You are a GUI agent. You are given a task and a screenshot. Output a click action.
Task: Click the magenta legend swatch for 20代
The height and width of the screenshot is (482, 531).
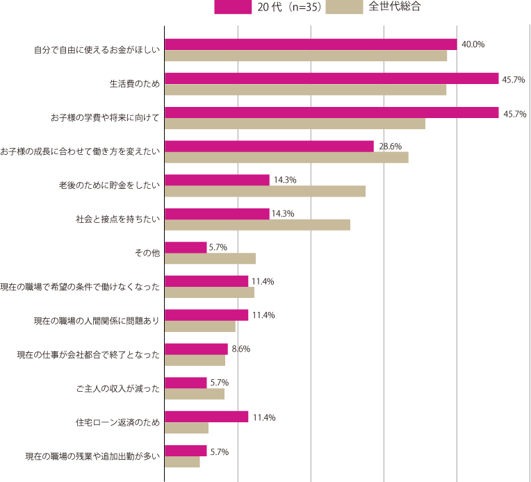point(233,8)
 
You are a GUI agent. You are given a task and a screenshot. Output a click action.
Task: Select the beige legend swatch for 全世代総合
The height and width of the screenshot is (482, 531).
point(344,8)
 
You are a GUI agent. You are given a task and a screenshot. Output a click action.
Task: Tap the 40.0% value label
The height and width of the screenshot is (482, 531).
point(473,44)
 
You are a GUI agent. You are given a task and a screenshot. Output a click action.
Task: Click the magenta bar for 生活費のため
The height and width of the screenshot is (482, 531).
point(332,78)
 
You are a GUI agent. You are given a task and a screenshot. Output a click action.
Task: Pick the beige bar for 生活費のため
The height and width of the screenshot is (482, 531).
point(305,90)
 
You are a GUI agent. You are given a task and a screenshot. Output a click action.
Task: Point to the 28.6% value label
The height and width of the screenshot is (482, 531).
point(390,146)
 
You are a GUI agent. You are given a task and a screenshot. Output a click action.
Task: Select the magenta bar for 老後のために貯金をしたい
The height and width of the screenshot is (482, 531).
point(217,180)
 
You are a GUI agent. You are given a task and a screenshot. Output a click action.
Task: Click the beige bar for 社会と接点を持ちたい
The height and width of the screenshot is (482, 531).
point(257,225)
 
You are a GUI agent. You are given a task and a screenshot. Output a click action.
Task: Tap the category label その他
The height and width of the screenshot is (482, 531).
point(147,254)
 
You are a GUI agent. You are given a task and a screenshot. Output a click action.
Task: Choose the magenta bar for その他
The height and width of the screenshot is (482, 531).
point(186,247)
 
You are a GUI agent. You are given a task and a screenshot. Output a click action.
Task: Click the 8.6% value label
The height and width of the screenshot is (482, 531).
point(240,349)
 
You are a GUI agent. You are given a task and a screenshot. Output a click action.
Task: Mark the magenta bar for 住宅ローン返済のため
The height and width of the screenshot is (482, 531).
point(206,417)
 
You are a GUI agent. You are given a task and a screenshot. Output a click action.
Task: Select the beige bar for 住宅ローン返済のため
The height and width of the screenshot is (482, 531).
point(186,428)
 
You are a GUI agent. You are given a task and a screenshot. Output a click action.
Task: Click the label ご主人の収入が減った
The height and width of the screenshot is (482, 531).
point(118,389)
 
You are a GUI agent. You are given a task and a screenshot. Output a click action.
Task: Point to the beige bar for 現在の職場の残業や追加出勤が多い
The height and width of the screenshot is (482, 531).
point(182,462)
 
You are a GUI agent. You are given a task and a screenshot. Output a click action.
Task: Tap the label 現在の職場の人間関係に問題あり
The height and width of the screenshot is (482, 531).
point(97,321)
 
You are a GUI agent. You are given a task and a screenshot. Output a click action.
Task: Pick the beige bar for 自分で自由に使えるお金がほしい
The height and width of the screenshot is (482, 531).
point(306,56)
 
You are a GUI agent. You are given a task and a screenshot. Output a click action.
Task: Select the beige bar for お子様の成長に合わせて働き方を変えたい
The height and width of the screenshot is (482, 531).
point(286,158)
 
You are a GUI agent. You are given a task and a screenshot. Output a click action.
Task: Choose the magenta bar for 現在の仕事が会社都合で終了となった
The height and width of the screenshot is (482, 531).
point(196,349)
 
